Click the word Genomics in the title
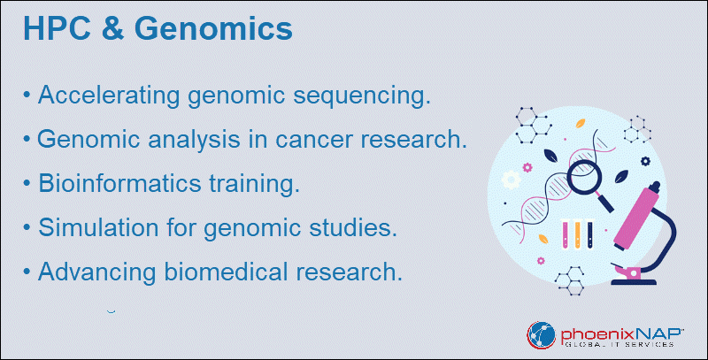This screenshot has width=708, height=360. tap(213, 28)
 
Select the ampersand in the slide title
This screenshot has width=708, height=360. tap(113, 28)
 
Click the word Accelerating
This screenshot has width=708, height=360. tap(109, 96)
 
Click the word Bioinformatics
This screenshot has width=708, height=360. tap(119, 184)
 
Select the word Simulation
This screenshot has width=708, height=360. tap(98, 227)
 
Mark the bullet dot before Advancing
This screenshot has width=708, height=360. tap(27, 272)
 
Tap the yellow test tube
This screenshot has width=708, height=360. tap(578, 234)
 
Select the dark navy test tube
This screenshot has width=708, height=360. tap(589, 234)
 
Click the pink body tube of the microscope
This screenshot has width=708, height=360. tap(636, 217)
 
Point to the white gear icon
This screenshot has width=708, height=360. tap(512, 179)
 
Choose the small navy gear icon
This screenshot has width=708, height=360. tap(646, 161)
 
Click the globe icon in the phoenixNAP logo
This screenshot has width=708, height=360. tap(541, 335)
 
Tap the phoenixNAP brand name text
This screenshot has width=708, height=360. tap(621, 334)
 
